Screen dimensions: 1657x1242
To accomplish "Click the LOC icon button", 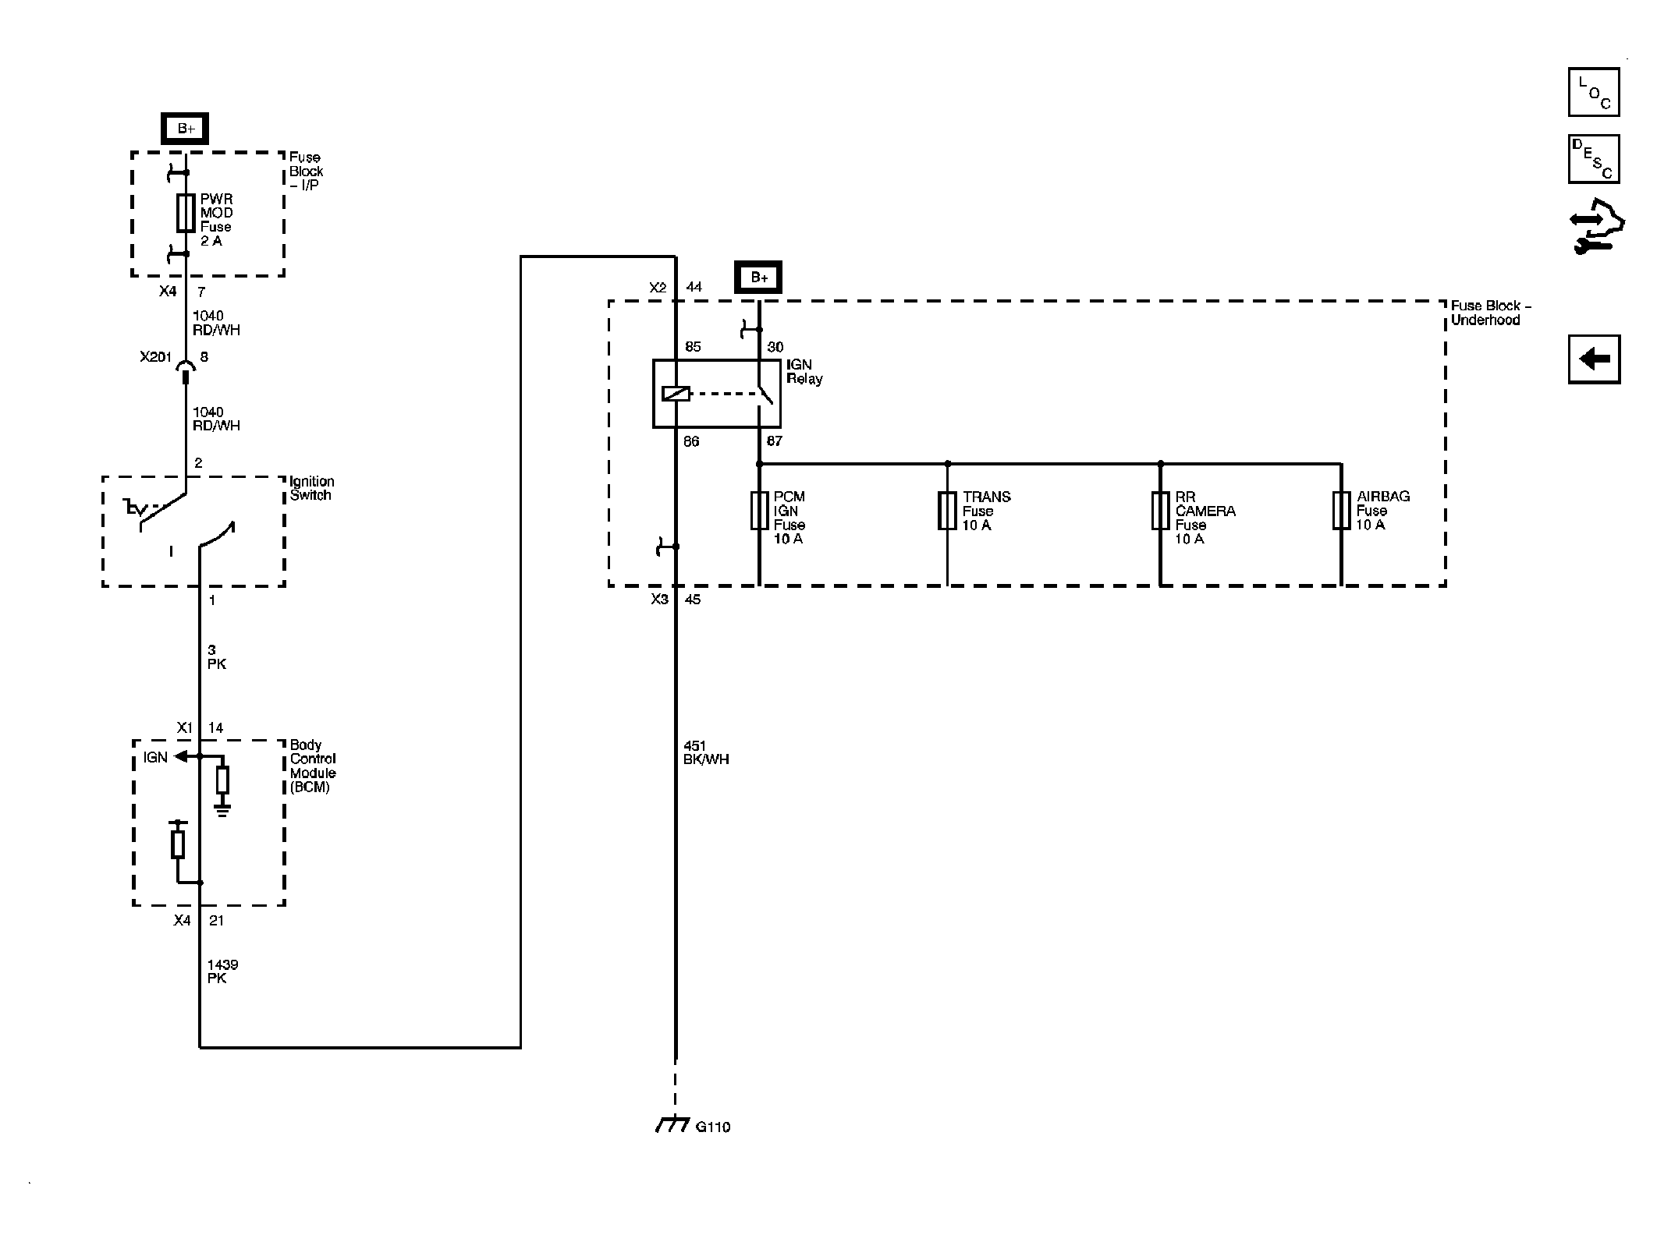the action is [x=1594, y=92].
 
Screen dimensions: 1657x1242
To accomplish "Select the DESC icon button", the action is [x=1594, y=159].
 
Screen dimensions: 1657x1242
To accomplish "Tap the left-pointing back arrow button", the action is [x=1594, y=359].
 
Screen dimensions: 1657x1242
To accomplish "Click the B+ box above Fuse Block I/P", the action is [x=185, y=129].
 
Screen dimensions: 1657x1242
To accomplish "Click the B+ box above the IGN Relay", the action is [x=758, y=278].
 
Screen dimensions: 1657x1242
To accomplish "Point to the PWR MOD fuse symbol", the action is [x=185, y=213].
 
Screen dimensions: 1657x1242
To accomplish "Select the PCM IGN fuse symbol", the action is [x=759, y=511].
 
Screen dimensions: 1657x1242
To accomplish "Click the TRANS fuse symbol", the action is [x=947, y=511].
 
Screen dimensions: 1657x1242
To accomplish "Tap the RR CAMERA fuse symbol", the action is [x=1160, y=511].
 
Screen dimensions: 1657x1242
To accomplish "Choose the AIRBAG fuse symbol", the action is [x=1341, y=511].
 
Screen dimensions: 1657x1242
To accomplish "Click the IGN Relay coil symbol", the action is [x=676, y=394].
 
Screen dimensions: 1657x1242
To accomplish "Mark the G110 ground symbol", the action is [x=672, y=1124].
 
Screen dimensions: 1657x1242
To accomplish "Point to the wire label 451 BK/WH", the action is [x=706, y=752].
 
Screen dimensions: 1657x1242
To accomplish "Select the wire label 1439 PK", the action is [x=222, y=971].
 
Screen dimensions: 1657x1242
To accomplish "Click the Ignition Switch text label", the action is [x=311, y=488].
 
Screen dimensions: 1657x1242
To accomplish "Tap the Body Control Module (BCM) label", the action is [x=313, y=766].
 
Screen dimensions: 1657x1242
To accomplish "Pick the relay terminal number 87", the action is [x=774, y=441].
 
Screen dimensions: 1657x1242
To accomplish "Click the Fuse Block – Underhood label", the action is [x=1491, y=313].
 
